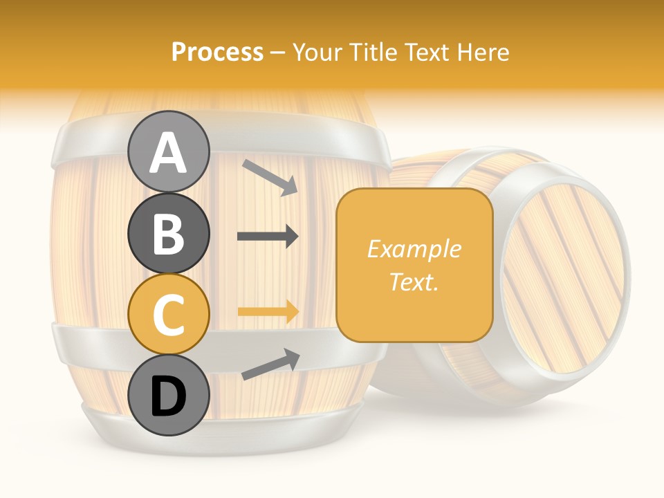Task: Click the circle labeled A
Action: [169, 151]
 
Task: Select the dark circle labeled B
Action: [169, 233]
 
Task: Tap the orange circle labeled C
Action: [169, 314]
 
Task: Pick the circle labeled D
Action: [169, 395]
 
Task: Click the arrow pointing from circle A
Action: [270, 176]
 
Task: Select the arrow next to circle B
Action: [268, 237]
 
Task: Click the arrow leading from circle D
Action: [270, 365]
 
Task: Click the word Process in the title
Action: [217, 52]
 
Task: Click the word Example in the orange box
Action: [414, 249]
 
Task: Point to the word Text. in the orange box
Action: [414, 282]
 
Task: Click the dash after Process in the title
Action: [278, 53]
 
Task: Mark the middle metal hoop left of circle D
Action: [90, 340]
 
